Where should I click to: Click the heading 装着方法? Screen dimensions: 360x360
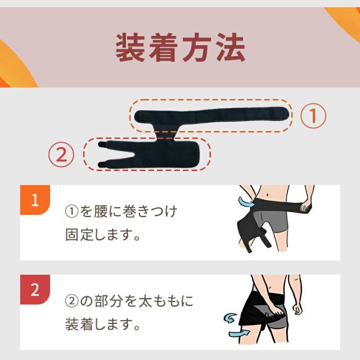(180, 47)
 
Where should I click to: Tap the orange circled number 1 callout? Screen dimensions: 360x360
(313, 116)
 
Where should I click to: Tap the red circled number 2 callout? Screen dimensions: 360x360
(61, 155)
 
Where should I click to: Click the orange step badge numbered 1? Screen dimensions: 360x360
(35, 200)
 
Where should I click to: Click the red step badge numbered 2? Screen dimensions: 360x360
(35, 290)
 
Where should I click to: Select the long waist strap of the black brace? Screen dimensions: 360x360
(211, 116)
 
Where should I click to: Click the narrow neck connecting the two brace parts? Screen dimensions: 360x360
(166, 133)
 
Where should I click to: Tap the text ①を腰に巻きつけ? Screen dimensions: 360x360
(121, 211)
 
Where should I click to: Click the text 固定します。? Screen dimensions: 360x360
(102, 235)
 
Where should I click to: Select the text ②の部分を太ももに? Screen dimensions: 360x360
(129, 301)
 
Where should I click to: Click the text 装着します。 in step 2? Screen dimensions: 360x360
(102, 324)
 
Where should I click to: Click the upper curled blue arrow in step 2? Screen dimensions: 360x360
(231, 318)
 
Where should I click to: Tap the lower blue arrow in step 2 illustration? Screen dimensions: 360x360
(238, 332)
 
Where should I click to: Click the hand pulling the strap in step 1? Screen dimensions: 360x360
(305, 206)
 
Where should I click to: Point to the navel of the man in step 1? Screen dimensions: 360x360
(268, 195)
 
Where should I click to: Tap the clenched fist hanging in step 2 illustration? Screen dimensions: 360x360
(298, 309)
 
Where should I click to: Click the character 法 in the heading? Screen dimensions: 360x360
(231, 47)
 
